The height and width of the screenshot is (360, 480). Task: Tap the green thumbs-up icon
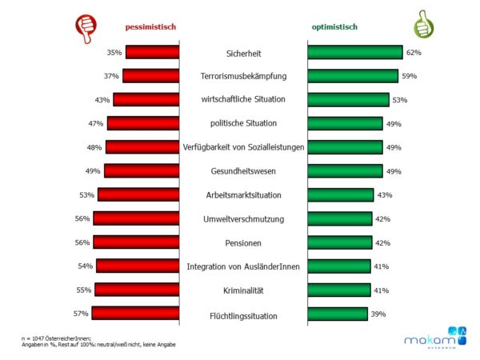tap(423, 24)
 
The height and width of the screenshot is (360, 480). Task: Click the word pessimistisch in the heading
tap(150, 27)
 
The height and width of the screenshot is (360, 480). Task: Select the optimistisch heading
tap(334, 27)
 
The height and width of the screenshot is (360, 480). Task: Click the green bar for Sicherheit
tap(354, 52)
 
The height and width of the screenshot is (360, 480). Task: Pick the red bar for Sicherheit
tap(152, 52)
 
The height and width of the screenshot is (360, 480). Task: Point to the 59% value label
tap(408, 76)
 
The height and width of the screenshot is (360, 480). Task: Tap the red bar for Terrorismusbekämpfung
tap(151, 76)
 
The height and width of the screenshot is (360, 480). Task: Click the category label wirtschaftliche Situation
tap(243, 100)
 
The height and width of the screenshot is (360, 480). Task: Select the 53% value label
tap(400, 100)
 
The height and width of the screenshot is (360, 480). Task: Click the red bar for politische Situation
tap(143, 123)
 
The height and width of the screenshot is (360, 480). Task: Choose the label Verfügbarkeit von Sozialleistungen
tap(243, 147)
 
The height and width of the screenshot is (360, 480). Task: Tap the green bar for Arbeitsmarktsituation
tap(341, 194)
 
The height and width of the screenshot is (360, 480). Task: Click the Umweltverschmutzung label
tap(243, 218)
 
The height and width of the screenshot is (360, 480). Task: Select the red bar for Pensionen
tap(136, 242)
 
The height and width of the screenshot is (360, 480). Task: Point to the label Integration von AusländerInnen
tap(243, 266)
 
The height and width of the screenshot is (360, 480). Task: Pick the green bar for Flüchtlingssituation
tap(338, 314)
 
